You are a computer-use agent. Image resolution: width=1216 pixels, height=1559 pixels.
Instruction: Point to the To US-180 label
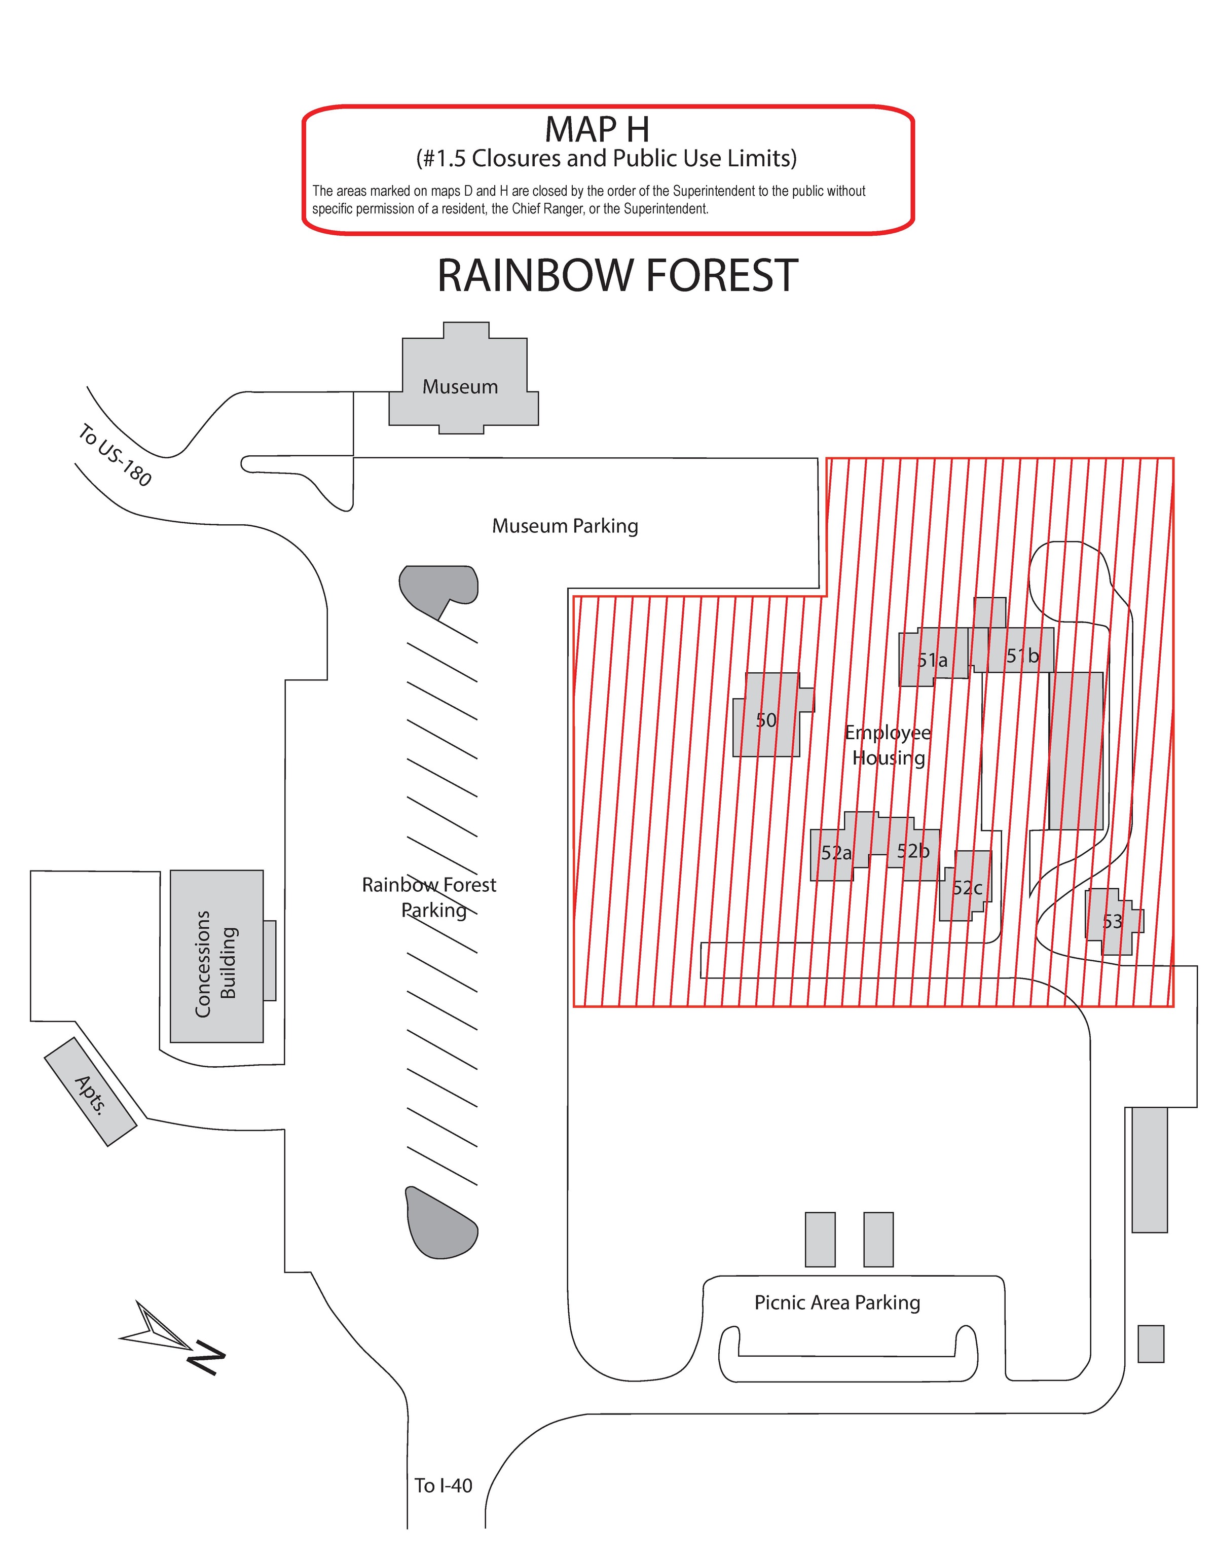114,455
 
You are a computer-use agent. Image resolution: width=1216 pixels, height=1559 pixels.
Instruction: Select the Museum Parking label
565,526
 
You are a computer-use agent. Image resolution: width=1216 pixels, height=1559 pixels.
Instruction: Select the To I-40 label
443,1485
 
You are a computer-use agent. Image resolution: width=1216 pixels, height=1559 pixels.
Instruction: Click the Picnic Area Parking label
837,1303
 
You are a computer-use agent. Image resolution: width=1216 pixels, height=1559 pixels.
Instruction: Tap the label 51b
1022,655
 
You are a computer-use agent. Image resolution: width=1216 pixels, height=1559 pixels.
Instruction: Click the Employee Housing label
888,745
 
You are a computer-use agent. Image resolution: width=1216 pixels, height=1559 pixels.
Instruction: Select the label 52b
913,850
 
